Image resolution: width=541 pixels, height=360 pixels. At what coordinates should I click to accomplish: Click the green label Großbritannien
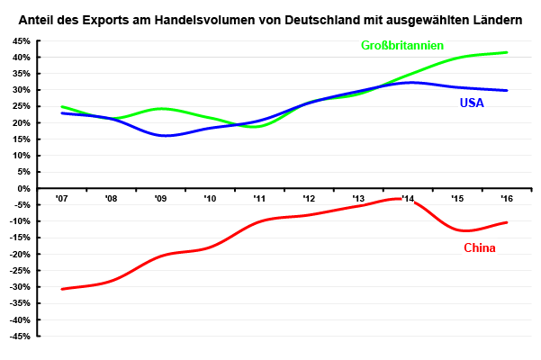click(x=402, y=45)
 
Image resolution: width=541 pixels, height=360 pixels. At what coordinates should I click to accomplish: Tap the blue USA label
click(x=472, y=103)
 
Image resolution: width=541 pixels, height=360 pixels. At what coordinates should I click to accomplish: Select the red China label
click(x=480, y=247)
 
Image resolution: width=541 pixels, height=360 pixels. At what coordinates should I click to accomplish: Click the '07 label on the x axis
click(x=61, y=199)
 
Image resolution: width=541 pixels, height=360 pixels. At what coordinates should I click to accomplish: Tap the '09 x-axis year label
click(x=160, y=199)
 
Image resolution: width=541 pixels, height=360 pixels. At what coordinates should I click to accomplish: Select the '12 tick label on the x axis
click(x=309, y=199)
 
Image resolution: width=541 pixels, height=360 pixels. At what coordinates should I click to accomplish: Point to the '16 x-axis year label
click(x=507, y=199)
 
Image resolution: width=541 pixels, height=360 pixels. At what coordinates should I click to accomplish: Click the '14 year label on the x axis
click(x=408, y=199)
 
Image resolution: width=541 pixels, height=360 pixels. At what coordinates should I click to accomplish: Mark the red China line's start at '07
click(x=61, y=289)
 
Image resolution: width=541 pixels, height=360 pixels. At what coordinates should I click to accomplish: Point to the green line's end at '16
click(x=507, y=52)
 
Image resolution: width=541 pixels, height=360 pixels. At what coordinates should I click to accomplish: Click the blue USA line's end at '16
click(x=507, y=90)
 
